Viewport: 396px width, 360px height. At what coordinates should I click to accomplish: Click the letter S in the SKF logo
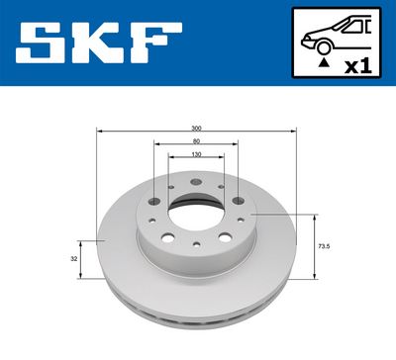(43, 44)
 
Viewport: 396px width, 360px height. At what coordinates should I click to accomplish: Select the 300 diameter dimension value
(196, 129)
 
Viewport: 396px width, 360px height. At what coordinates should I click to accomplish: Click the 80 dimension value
(196, 141)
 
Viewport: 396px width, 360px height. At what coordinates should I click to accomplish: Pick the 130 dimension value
(196, 155)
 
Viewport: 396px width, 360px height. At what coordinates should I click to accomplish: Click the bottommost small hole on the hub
(197, 243)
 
